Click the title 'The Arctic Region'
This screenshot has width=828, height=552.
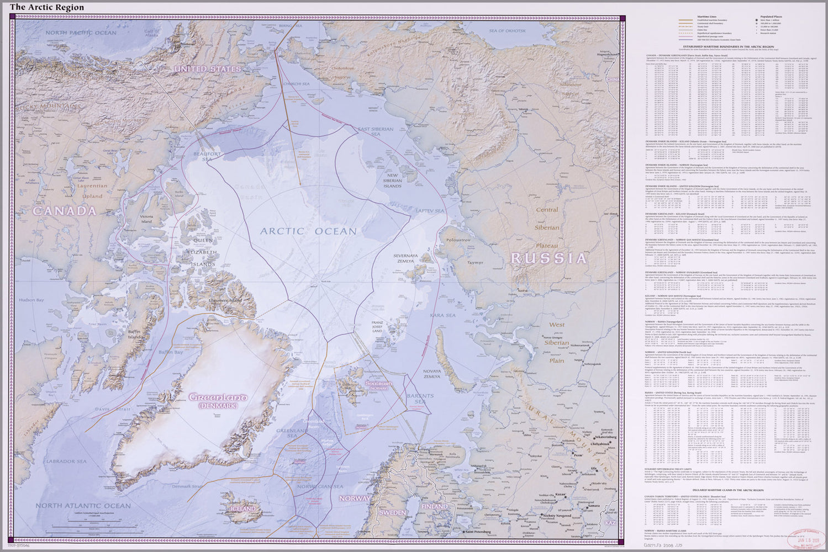tap(47, 7)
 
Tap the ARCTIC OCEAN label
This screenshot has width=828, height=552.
tap(308, 231)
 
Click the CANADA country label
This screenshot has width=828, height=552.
tap(64, 211)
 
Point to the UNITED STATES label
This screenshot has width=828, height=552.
tap(208, 69)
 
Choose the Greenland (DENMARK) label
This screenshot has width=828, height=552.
tap(218, 401)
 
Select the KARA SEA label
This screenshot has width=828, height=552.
tap(442, 315)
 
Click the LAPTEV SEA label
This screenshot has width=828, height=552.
tap(430, 211)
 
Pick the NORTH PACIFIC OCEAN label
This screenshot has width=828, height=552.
tap(81, 33)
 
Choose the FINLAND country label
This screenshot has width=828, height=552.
tap(434, 506)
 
